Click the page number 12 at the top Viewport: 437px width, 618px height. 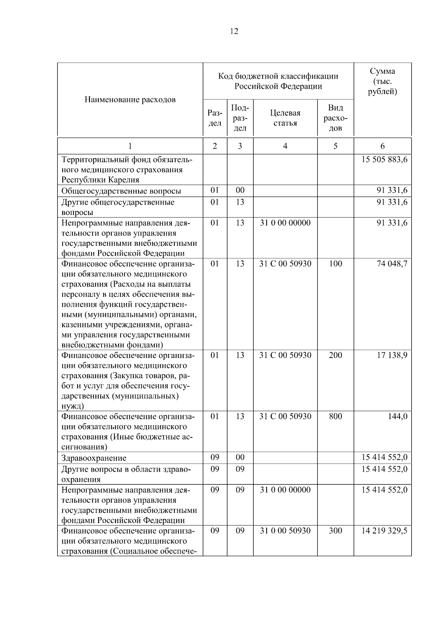tap(234, 31)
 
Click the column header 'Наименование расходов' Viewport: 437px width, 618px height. tap(130, 99)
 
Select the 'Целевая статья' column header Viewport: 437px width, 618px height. tap(285, 118)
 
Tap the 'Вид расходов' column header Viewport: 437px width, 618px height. tap(335, 118)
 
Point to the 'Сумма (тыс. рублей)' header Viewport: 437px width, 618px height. tap(382, 81)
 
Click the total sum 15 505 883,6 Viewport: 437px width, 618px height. tap(384, 160)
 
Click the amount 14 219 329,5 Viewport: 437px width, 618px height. tap(384, 531)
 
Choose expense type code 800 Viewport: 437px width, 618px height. tap(335, 416)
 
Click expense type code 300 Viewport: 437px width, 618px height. tap(335, 531)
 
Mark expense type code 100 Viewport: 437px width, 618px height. tap(335, 264)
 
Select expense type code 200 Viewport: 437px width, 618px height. tap(335, 355)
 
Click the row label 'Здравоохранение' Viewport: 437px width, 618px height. tap(94, 458)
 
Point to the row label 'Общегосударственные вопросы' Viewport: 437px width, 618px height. tap(121, 191)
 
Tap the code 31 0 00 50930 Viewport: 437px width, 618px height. tap(285, 531)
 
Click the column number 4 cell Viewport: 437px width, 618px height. tap(285, 146)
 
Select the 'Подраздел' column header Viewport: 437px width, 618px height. tap(240, 118)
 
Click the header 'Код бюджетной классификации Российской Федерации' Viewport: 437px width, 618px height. tap(278, 81)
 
